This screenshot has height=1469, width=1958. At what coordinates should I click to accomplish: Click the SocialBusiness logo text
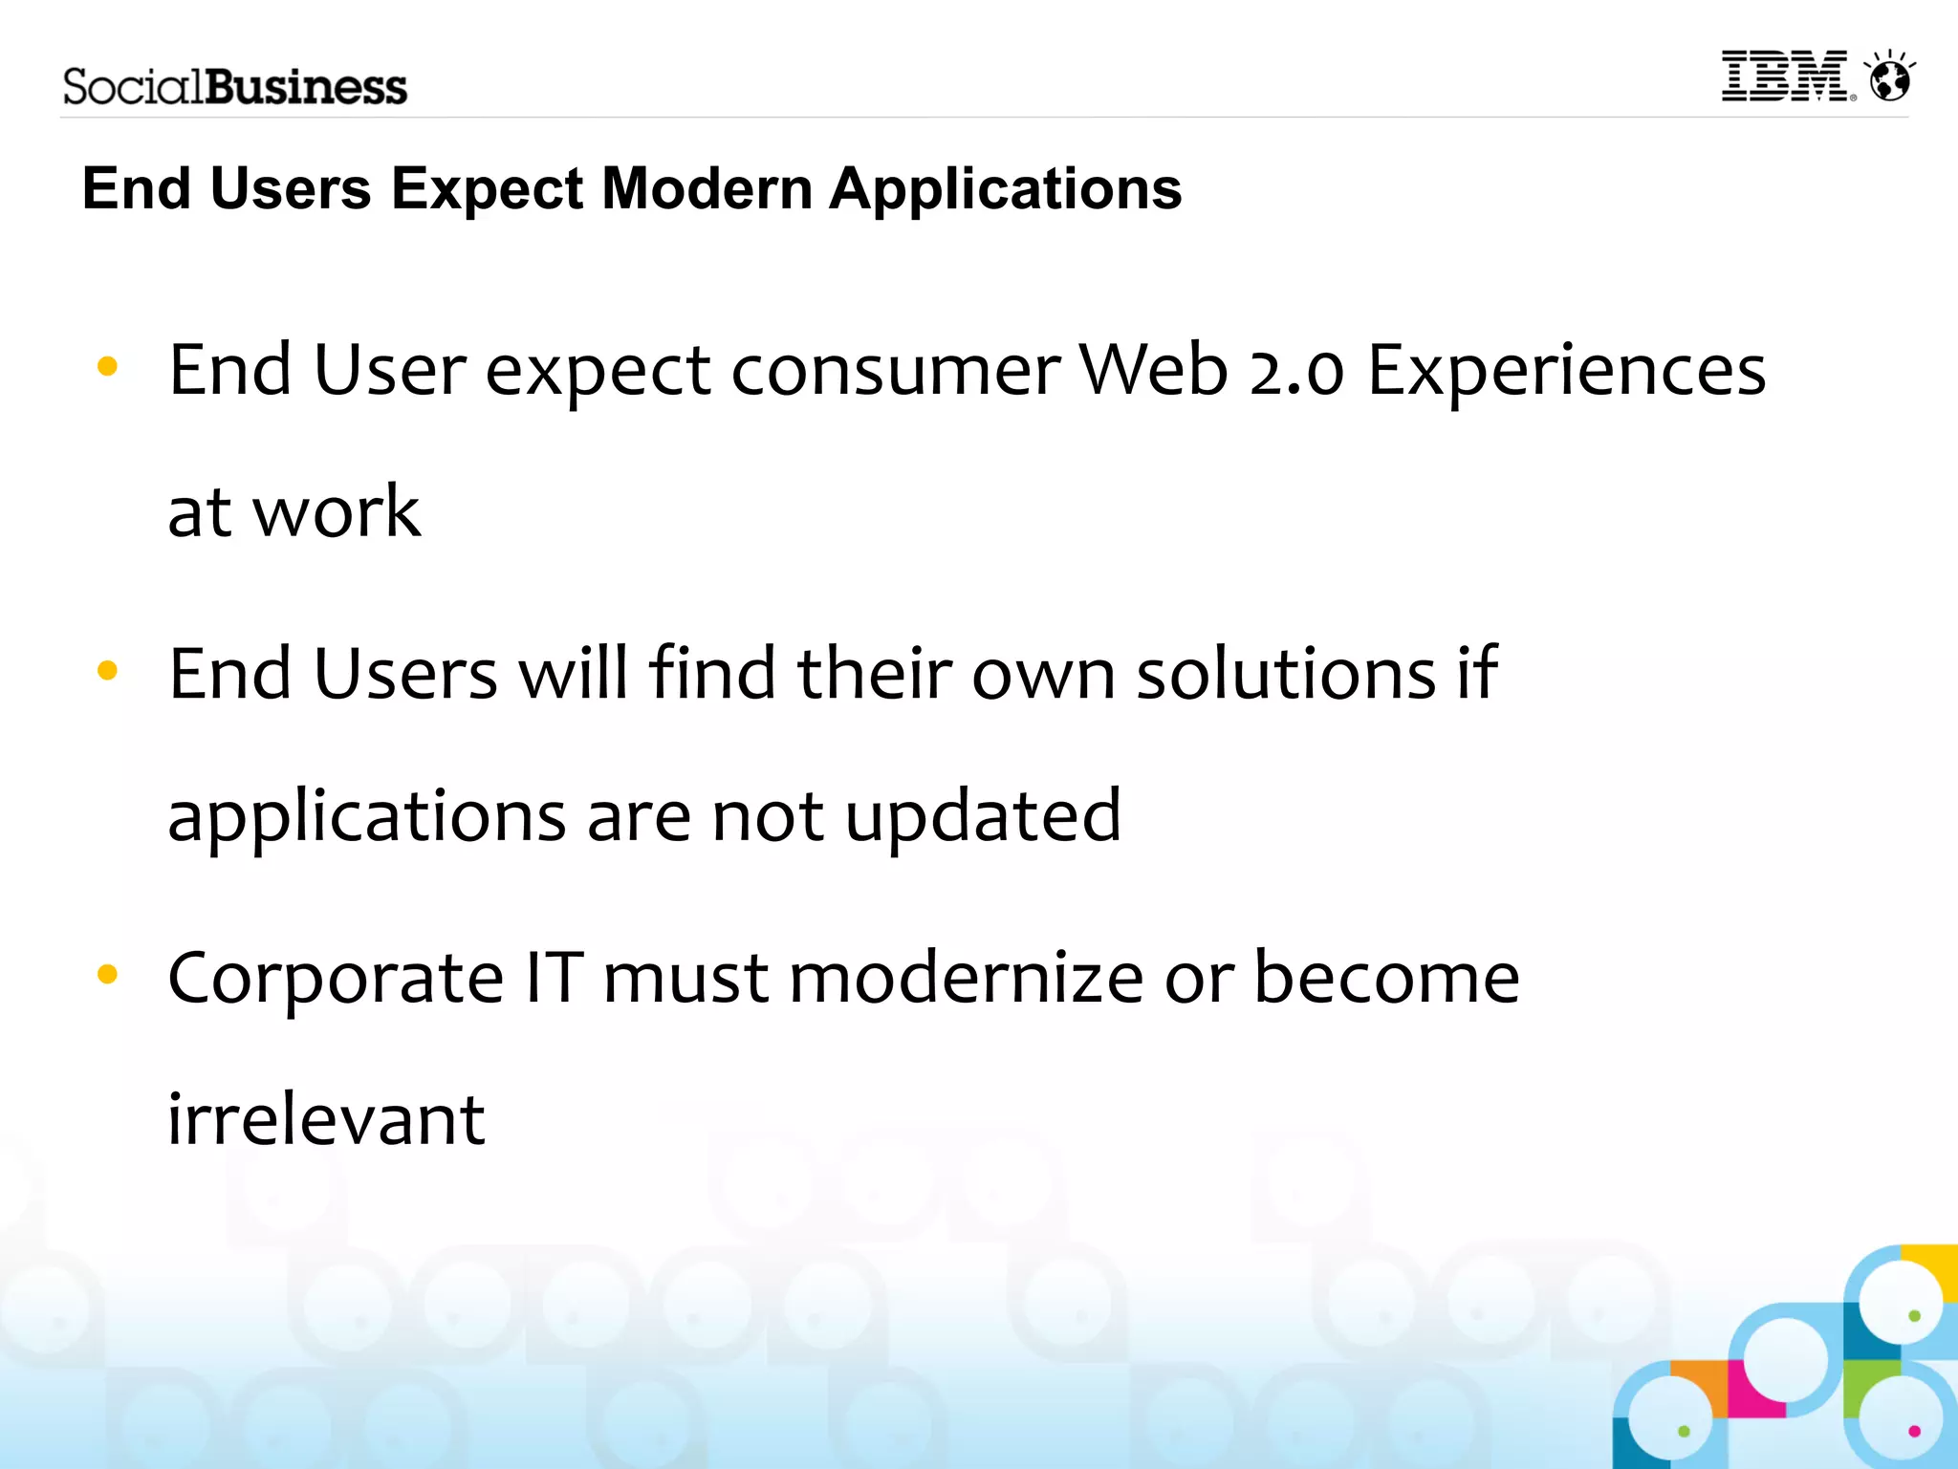(x=235, y=87)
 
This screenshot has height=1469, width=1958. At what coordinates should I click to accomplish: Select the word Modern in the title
(x=707, y=188)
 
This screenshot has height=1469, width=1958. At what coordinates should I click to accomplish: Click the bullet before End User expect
(x=107, y=366)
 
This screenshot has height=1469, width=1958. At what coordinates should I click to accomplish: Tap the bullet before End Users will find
(x=107, y=671)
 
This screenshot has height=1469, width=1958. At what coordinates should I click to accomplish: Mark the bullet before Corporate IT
(x=107, y=975)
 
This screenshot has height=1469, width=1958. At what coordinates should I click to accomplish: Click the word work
(x=337, y=513)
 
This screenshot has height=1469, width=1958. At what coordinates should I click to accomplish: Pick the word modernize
(x=966, y=979)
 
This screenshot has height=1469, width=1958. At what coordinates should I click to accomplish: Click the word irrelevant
(x=326, y=1120)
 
